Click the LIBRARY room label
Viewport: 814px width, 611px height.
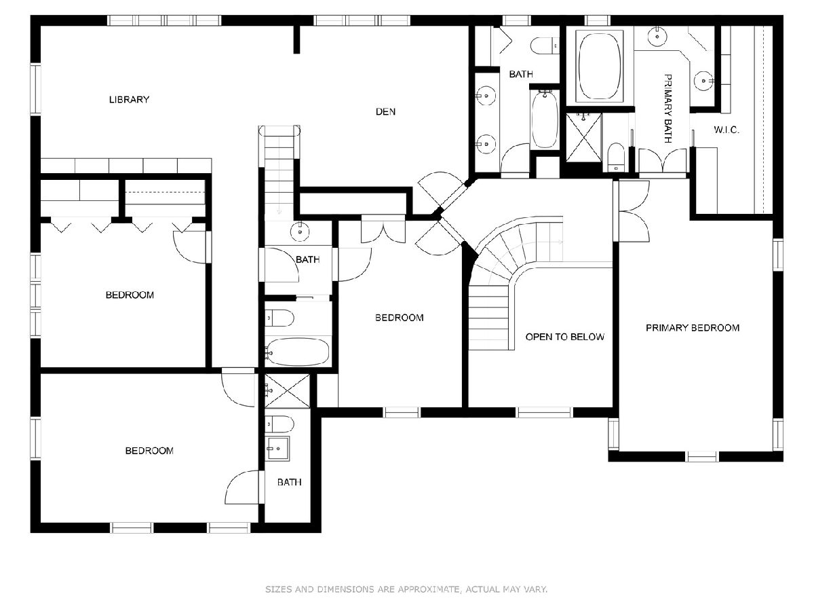[x=129, y=99]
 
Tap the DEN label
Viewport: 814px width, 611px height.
[x=385, y=111]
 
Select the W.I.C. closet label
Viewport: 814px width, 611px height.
[x=726, y=130]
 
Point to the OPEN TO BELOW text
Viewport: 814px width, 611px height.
[x=564, y=337]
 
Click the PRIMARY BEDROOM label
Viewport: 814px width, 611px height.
[x=693, y=328]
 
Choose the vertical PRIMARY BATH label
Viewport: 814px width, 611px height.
[x=667, y=109]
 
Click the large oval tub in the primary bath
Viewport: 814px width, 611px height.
[x=599, y=67]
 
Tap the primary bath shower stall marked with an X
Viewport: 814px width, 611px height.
[x=584, y=138]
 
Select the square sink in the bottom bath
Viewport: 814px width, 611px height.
[x=277, y=449]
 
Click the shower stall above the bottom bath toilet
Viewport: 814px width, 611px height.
[x=287, y=391]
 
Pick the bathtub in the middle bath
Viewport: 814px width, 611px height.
[x=297, y=351]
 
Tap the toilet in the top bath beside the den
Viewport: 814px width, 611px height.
[x=545, y=45]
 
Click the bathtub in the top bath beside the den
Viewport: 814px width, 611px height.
[x=545, y=119]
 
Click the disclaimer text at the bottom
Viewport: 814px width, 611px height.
[x=406, y=589]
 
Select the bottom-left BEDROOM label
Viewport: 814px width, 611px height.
[x=149, y=451]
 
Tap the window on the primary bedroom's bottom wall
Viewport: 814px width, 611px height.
[x=701, y=456]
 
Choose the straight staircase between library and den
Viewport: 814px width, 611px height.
[x=279, y=173]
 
